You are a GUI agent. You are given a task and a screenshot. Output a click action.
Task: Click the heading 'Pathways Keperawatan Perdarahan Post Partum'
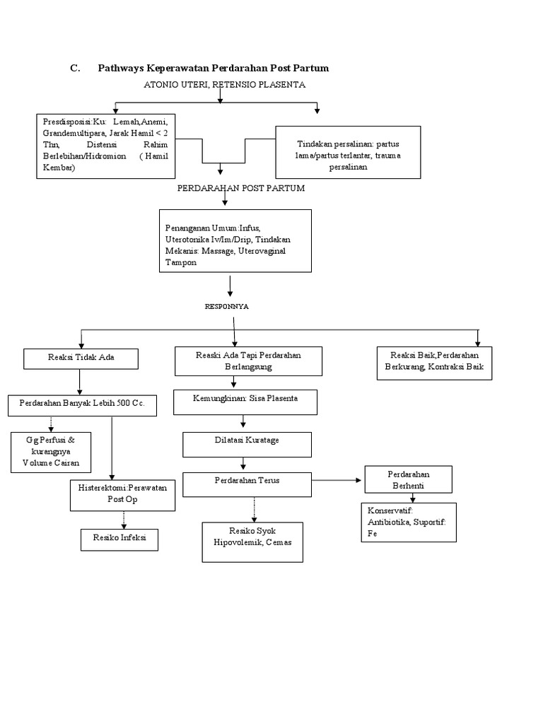213,68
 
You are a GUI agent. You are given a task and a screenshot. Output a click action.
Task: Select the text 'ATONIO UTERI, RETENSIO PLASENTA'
224,85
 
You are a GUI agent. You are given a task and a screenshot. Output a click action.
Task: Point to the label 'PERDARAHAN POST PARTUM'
240,189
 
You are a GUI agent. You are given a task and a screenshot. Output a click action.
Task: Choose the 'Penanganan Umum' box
235,240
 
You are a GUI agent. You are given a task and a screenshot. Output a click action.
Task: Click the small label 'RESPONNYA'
226,307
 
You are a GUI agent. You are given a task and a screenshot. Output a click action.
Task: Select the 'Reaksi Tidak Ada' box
81,358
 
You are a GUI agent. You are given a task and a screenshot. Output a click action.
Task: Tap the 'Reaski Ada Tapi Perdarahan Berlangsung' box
248,361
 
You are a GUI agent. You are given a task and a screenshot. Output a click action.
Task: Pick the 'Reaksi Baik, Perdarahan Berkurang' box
433,362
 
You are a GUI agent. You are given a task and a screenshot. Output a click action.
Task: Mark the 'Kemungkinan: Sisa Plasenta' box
245,402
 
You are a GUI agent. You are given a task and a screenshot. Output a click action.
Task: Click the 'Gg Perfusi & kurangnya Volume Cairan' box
50,452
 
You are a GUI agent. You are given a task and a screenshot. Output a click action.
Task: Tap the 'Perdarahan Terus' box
247,484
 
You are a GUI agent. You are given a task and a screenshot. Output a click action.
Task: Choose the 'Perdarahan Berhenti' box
409,479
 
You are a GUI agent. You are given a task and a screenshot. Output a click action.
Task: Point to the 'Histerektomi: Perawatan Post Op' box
122,495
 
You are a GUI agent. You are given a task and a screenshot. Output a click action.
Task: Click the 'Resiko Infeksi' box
119,539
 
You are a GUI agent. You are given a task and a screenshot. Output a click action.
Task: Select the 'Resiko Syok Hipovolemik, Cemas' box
252,542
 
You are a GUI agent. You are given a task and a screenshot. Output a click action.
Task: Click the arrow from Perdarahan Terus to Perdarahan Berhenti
337,481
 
